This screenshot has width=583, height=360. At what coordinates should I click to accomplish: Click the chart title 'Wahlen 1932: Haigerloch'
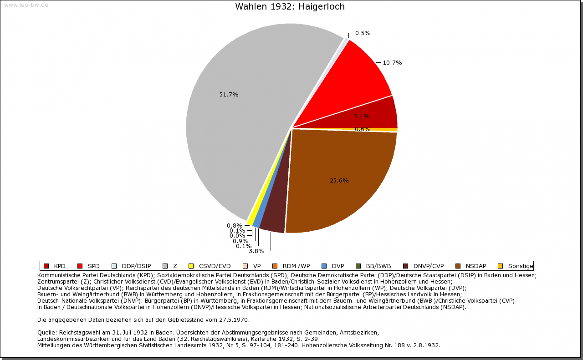[290, 7]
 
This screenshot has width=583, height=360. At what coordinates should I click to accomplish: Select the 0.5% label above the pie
[363, 33]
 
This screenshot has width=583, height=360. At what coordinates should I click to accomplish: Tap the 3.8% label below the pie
[256, 251]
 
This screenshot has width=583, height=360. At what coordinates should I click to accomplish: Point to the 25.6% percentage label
[339, 181]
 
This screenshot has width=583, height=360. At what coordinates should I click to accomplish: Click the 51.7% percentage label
[229, 95]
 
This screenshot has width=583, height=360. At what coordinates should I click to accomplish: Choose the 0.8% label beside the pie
[235, 225]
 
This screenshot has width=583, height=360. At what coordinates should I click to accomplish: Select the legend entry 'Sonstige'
[520, 266]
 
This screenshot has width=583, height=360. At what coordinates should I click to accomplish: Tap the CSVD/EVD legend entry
[215, 266]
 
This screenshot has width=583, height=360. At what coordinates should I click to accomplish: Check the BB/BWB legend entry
[378, 266]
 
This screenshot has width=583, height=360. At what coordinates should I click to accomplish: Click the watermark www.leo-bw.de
[26, 5]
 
